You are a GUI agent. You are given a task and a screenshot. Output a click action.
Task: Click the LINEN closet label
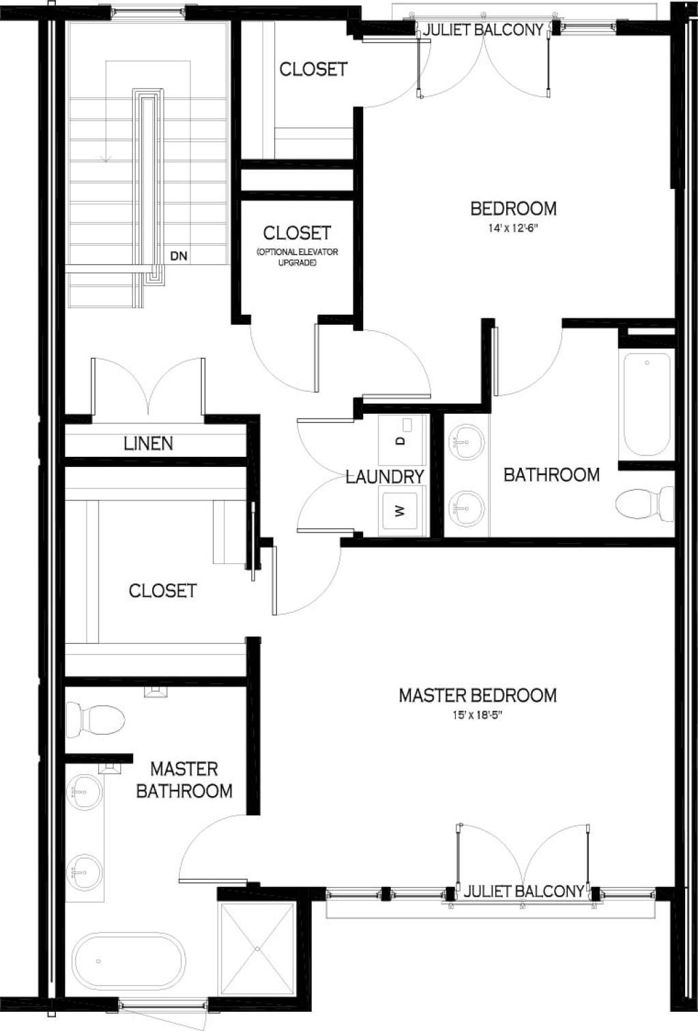148,444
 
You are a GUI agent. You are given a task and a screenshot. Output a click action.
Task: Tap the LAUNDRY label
385,477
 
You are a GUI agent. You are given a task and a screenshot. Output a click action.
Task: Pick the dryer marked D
402,439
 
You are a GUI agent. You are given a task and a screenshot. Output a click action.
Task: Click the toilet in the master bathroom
96,720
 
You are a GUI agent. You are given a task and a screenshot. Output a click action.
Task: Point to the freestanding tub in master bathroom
129,961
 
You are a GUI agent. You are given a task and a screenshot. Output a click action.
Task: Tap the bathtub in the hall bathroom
646,404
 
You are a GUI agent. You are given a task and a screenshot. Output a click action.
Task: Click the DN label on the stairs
179,257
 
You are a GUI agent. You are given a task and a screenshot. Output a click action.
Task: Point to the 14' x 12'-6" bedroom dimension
513,228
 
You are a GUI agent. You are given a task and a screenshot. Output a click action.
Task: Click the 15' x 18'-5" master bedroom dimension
478,715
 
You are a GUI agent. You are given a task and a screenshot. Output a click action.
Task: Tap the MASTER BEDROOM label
478,696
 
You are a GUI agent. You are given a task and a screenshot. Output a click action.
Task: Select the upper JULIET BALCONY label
483,30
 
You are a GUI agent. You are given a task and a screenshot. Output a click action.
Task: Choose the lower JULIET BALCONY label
523,892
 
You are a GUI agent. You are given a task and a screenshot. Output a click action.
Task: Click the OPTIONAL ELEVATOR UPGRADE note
297,257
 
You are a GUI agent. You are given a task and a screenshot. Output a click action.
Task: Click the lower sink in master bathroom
85,871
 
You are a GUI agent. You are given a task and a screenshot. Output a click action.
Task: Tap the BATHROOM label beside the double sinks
551,475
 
